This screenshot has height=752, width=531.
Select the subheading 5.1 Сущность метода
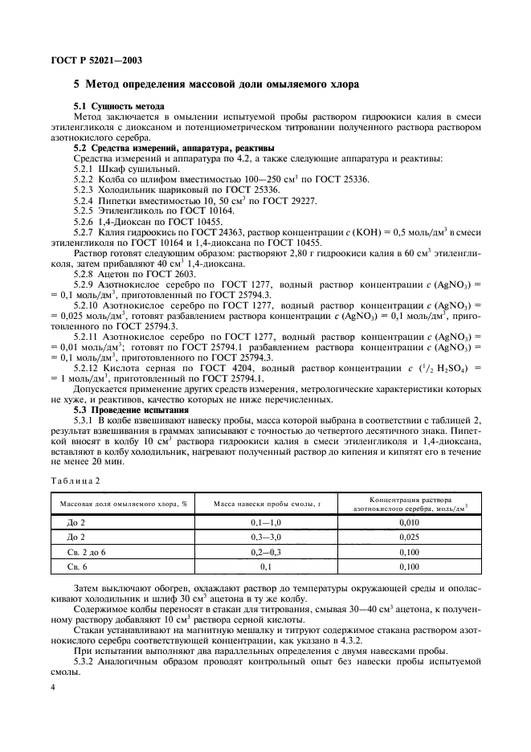tap(119, 107)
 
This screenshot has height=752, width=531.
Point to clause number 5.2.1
tap(84, 168)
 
